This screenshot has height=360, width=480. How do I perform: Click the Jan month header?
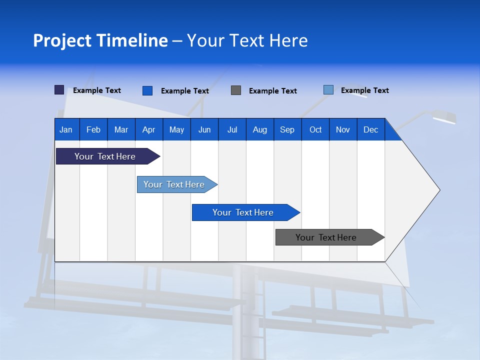tap(66, 129)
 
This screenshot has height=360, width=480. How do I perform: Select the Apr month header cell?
tap(149, 129)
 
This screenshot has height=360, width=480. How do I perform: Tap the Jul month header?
tap(232, 129)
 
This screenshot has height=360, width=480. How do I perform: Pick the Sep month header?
tap(287, 129)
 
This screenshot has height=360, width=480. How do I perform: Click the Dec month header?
tap(370, 129)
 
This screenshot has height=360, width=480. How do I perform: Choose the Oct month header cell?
tap(315, 129)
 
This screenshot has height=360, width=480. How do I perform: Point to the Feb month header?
tap(93, 129)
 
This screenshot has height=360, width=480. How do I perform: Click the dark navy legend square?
tap(59, 90)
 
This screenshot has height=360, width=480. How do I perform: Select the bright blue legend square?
tap(147, 90)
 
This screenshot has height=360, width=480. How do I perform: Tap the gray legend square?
tap(236, 90)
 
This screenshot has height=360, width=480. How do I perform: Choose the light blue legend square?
tap(328, 90)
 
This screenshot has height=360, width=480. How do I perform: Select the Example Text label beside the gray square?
tap(272, 91)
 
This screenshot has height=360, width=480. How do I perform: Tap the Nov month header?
tap(343, 129)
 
